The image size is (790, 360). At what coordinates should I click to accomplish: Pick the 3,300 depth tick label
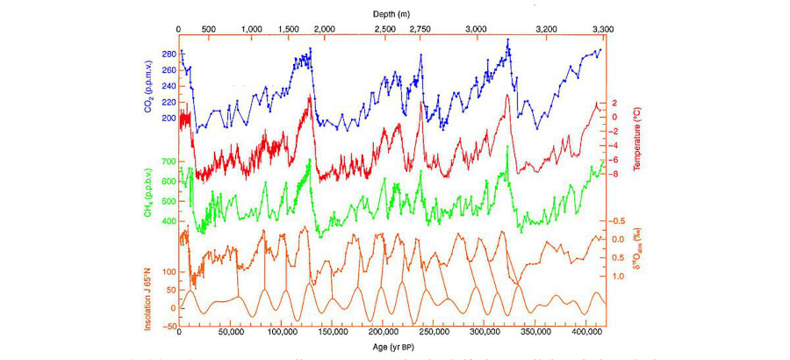click(602, 29)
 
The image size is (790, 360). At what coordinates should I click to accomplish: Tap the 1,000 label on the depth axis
click(251, 29)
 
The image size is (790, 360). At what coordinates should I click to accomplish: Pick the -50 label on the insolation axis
click(166, 325)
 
